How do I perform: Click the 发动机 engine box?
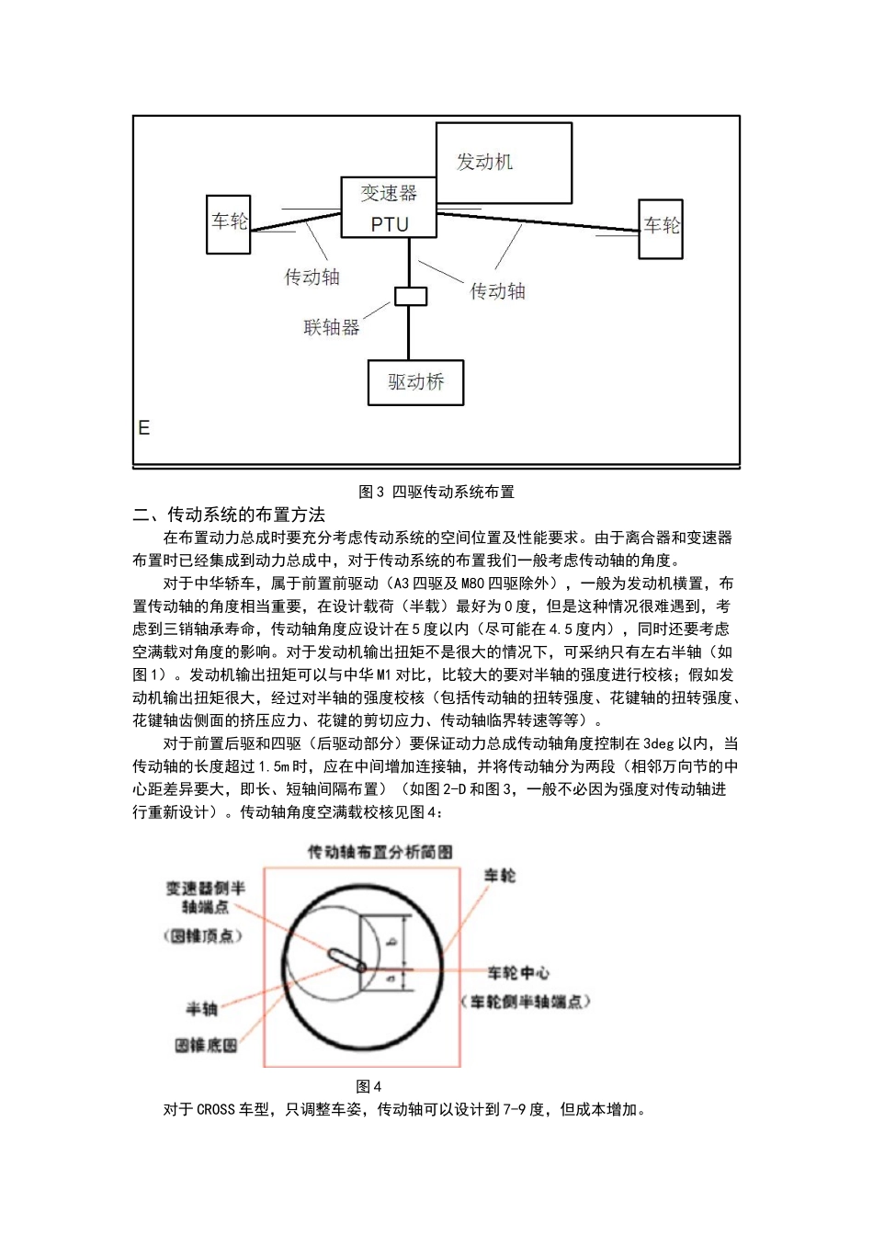pyautogui.click(x=503, y=163)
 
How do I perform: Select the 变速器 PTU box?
pyautogui.click(x=389, y=209)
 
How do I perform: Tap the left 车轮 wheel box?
pyautogui.click(x=229, y=223)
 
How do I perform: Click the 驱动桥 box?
pyautogui.click(x=415, y=382)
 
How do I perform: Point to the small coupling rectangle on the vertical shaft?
pyautogui.click(x=411, y=297)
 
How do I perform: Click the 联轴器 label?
pyautogui.click(x=332, y=326)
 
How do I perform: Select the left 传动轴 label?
pyautogui.click(x=312, y=276)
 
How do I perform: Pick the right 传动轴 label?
pyautogui.click(x=497, y=291)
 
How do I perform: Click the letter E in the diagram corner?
pyautogui.click(x=144, y=428)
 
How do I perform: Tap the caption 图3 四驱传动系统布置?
pyautogui.click(x=436, y=492)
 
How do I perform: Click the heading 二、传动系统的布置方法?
pyautogui.click(x=229, y=515)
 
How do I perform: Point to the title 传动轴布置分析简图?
pyautogui.click(x=380, y=852)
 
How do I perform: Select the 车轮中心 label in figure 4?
pyautogui.click(x=518, y=972)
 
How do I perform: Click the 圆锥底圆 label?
pyautogui.click(x=207, y=1045)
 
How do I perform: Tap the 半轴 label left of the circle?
pyautogui.click(x=202, y=1009)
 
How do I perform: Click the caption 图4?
pyautogui.click(x=368, y=1086)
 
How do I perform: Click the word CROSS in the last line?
pyautogui.click(x=216, y=1109)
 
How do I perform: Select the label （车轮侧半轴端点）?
pyautogui.click(x=526, y=1001)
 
